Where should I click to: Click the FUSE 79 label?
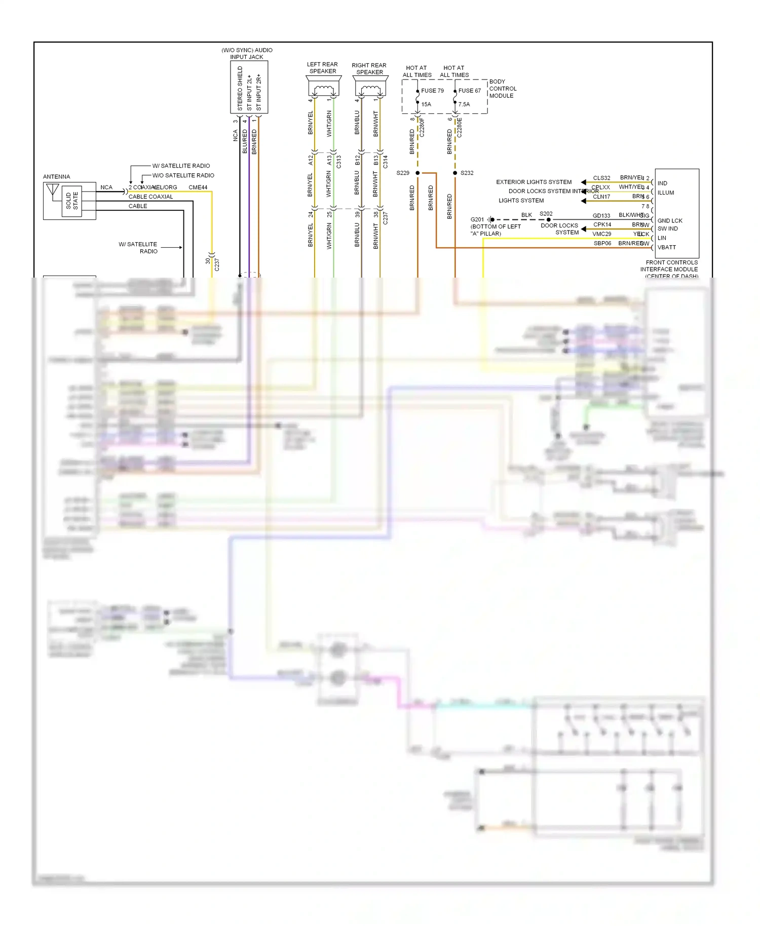coord(432,91)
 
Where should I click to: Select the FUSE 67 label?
coord(469,91)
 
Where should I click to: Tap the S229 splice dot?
coord(417,173)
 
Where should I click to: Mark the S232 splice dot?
coord(455,173)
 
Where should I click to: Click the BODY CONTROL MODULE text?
coord(502,89)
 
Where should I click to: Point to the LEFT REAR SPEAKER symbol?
coord(323,88)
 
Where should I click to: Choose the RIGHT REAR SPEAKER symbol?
coord(370,89)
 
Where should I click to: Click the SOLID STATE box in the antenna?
coord(72,201)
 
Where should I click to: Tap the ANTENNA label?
coord(56,177)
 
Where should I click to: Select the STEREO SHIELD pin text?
coord(240,89)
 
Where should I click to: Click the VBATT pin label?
coord(666,247)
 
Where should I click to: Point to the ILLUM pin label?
coord(665,192)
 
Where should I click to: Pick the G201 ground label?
coord(477,219)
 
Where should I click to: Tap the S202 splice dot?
coord(549,219)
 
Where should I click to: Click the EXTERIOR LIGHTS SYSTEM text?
coord(534,182)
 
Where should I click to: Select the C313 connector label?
coord(338,162)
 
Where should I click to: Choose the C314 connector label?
coord(385,162)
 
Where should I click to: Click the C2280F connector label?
coord(422,128)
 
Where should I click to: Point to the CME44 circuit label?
coord(198,187)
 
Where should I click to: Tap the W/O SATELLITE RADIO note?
coord(183,175)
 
